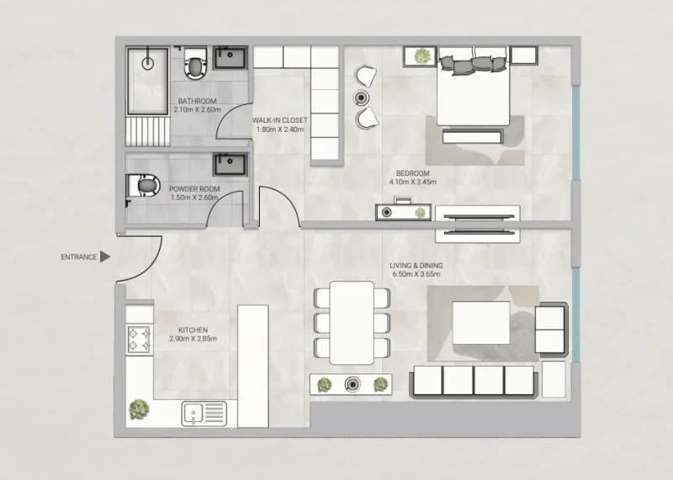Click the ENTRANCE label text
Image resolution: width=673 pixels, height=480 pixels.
(x=78, y=256)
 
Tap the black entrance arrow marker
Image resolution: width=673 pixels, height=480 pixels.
(x=105, y=256)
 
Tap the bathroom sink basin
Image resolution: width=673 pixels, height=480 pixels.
(x=230, y=58)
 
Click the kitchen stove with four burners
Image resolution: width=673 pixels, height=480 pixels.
(x=137, y=340)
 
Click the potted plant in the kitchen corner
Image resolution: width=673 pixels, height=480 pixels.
(x=138, y=409)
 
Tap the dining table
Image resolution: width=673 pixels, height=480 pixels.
(x=352, y=322)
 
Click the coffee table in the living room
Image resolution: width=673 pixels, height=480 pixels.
(x=481, y=324)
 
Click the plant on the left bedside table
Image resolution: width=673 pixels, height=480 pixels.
(x=421, y=56)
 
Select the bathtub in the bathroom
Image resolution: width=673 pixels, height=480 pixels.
(x=148, y=82)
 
